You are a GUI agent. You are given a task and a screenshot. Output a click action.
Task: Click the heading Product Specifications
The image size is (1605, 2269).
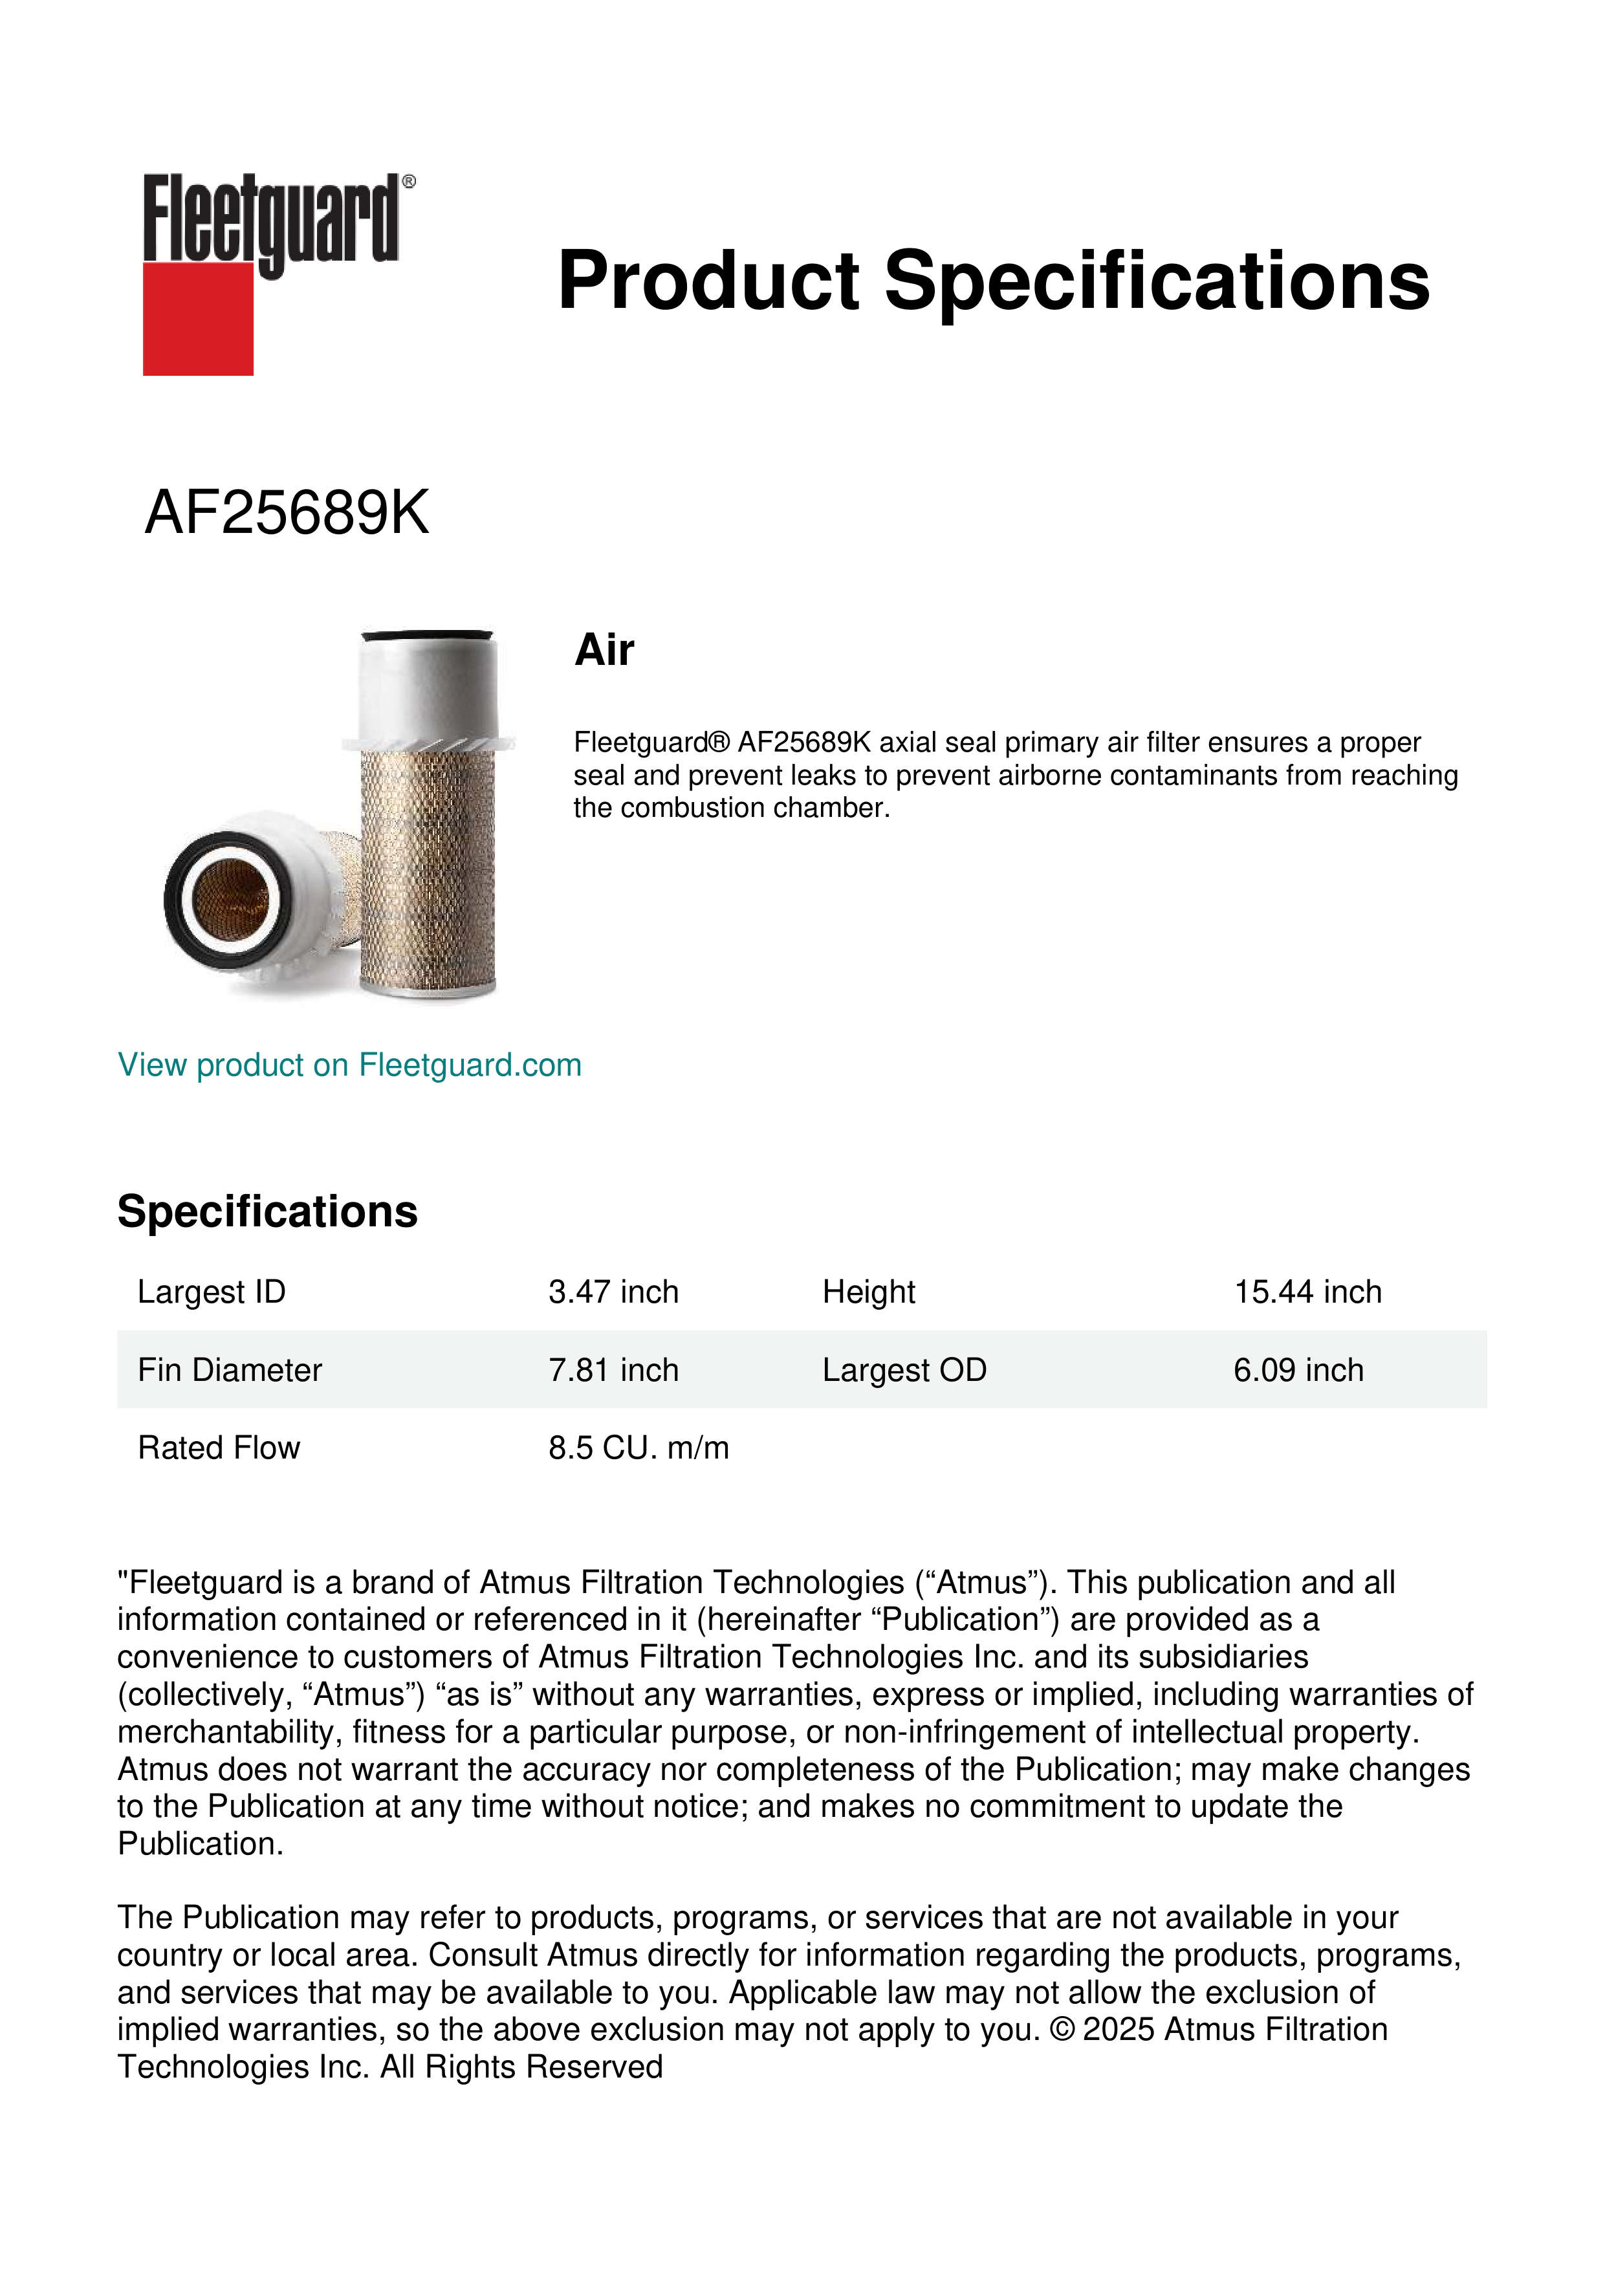click(992, 281)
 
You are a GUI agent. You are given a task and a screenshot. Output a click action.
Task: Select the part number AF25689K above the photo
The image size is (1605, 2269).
click(287, 513)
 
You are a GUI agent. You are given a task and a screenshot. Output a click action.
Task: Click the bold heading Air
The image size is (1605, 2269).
click(604, 650)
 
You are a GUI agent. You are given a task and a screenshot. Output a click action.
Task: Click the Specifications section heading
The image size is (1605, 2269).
click(267, 1211)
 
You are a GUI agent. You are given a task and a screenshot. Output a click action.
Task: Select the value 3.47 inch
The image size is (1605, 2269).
click(613, 1292)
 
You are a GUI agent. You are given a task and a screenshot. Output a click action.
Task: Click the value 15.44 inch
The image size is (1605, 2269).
click(1307, 1292)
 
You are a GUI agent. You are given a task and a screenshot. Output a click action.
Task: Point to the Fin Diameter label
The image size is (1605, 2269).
click(229, 1370)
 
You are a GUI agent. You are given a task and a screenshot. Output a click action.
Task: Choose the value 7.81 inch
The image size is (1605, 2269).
click(613, 1370)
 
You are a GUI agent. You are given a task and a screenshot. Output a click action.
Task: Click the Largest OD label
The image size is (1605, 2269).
click(903, 1370)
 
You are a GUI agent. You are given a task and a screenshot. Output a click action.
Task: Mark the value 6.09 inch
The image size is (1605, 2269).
click(1298, 1370)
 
